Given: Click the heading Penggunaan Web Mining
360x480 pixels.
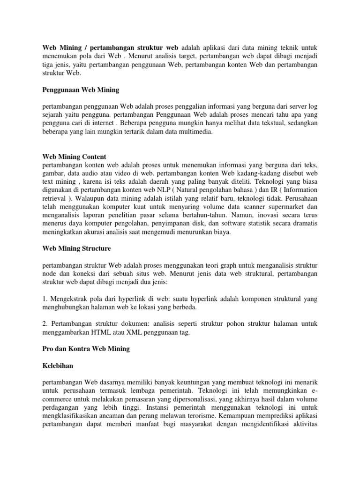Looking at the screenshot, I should [x=81, y=90].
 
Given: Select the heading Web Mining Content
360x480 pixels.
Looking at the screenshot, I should [x=74, y=157].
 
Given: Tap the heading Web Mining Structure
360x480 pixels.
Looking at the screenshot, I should [x=76, y=248].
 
